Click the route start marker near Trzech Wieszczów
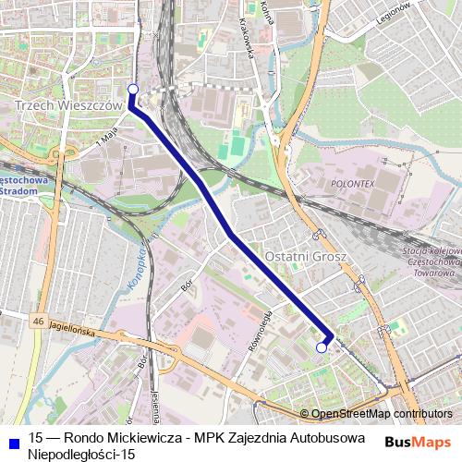pos(132,89)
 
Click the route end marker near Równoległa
pos(322,347)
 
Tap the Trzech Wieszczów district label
pos(69,106)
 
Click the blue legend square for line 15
pos(10,438)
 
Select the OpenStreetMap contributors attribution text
pos(381,414)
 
